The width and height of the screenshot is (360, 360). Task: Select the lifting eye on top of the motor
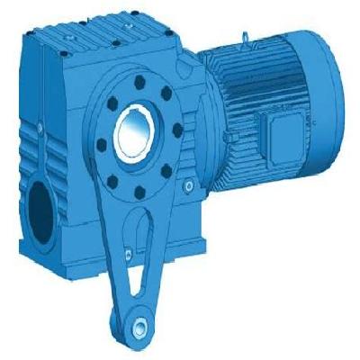(x=245, y=38)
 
